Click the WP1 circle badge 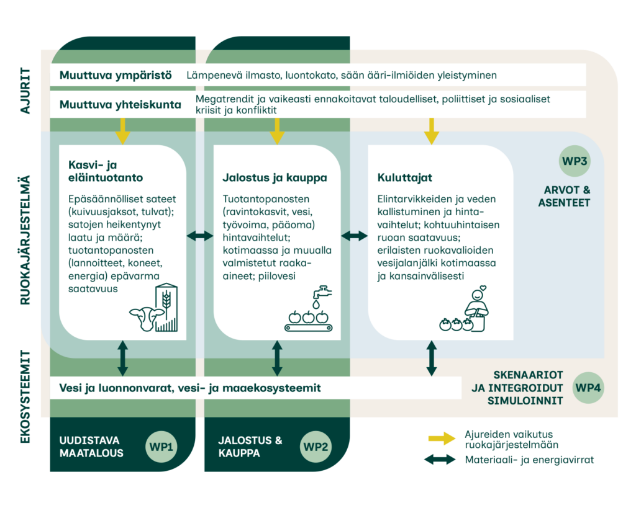[x=161, y=447]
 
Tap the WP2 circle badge [x=316, y=447]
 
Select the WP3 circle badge [x=575, y=161]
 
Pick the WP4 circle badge [x=588, y=388]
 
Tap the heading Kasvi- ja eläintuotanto [x=106, y=171]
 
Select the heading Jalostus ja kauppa [x=275, y=177]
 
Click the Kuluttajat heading [x=404, y=177]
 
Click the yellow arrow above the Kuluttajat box [x=432, y=131]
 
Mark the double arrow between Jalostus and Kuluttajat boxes [x=354, y=236]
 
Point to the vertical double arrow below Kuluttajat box [x=432, y=358]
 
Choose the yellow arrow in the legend [x=442, y=439]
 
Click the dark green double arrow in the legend [x=440, y=460]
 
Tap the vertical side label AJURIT [x=25, y=91]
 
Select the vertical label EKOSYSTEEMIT [x=25, y=397]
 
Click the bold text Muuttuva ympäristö [x=116, y=75]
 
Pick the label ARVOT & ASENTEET [x=564, y=196]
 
